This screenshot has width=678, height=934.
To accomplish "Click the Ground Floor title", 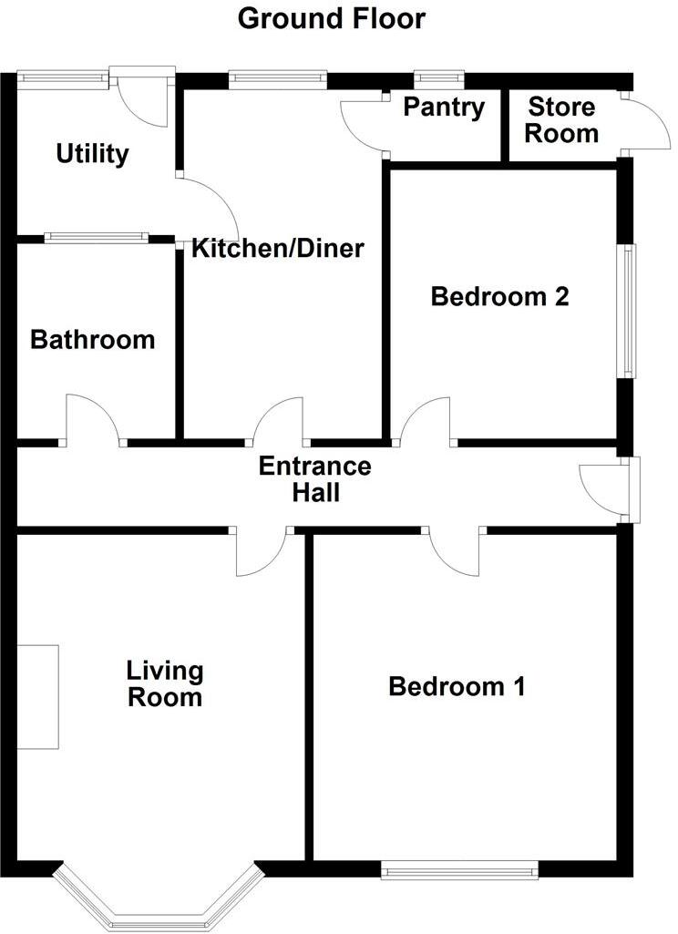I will tap(331, 18).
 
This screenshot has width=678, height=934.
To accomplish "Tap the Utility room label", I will tap(92, 154).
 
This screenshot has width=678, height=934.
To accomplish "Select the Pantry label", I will tap(445, 108).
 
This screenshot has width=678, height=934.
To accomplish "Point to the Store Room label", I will tap(562, 120).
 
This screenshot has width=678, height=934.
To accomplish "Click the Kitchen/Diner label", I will tap(277, 248).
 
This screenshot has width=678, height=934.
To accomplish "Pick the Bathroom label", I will tap(92, 341).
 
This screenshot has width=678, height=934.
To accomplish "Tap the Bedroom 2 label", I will tap(499, 296).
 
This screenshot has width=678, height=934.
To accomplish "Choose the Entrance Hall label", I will tap(314, 480).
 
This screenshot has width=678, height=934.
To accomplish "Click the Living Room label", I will tap(164, 685).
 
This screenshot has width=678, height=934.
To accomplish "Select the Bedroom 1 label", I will tap(457, 687).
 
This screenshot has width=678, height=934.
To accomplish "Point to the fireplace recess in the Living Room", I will tap(37, 697).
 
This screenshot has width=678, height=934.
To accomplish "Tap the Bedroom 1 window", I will tap(459, 870).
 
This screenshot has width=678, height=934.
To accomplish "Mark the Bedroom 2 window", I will tap(629, 311).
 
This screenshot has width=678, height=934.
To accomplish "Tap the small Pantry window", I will tap(438, 79).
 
